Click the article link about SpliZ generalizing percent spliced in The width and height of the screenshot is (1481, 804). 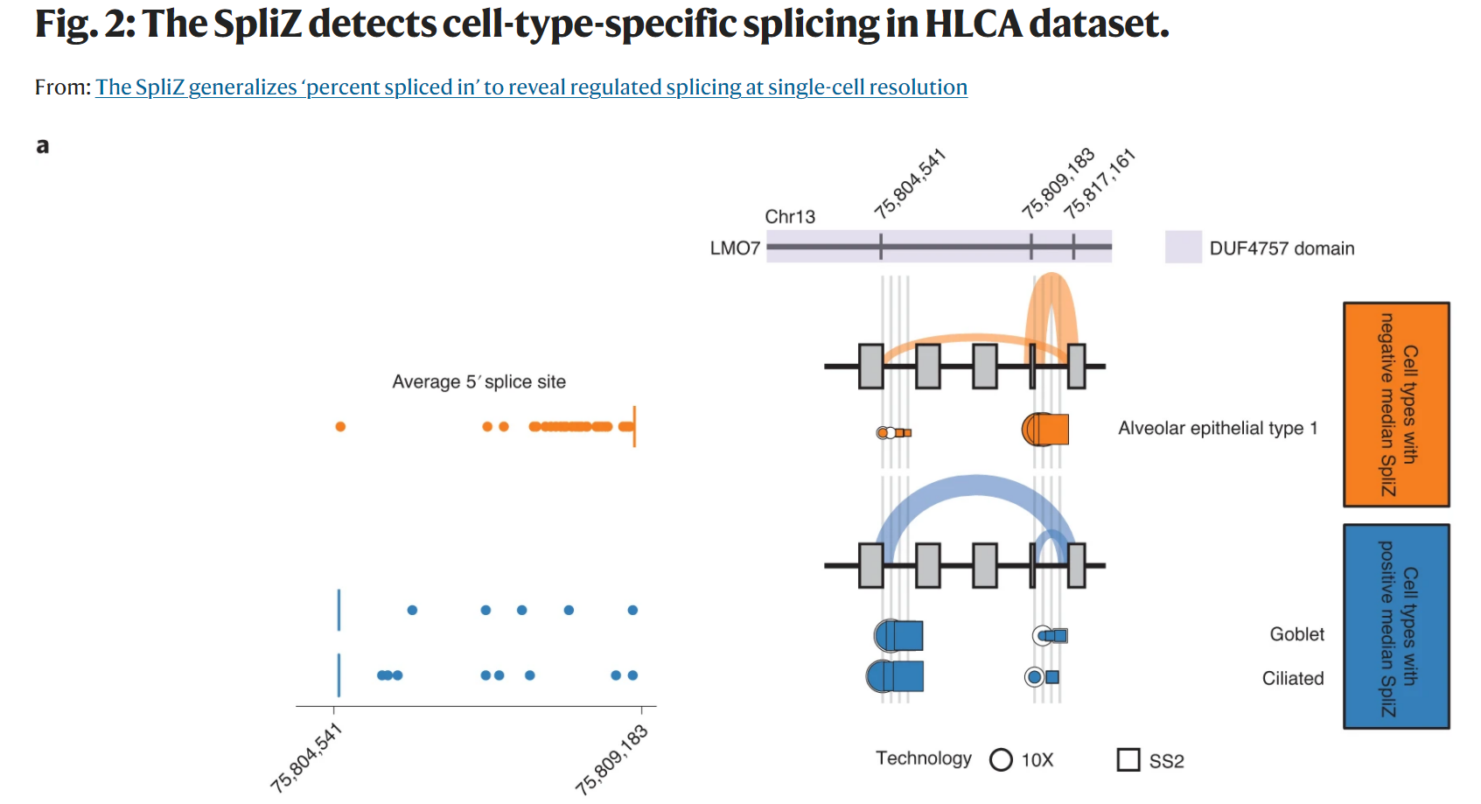531,87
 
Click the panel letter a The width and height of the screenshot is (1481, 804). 42,146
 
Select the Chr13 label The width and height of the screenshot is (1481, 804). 789,217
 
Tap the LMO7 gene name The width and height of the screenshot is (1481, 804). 735,248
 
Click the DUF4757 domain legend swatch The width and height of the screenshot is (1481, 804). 1183,248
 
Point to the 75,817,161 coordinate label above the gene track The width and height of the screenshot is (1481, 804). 1100,184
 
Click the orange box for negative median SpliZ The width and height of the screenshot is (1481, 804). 1396,404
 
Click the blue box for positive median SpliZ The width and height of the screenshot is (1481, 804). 1396,626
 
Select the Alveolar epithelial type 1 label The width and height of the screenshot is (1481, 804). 1218,428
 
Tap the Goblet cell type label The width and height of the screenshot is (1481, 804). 1296,634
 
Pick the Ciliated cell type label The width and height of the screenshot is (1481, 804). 1292,678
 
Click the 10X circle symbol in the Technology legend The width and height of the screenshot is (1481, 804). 1001,759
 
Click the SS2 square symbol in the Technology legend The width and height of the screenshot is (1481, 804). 1128,759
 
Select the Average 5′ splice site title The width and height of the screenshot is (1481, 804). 479,381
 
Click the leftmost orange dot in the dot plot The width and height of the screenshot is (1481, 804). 340,427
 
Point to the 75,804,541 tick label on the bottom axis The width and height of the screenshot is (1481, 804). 305,759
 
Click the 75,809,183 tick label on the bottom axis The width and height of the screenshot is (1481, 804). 611,759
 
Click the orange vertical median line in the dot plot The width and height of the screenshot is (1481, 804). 634,427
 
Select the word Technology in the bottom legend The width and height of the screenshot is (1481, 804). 923,759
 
